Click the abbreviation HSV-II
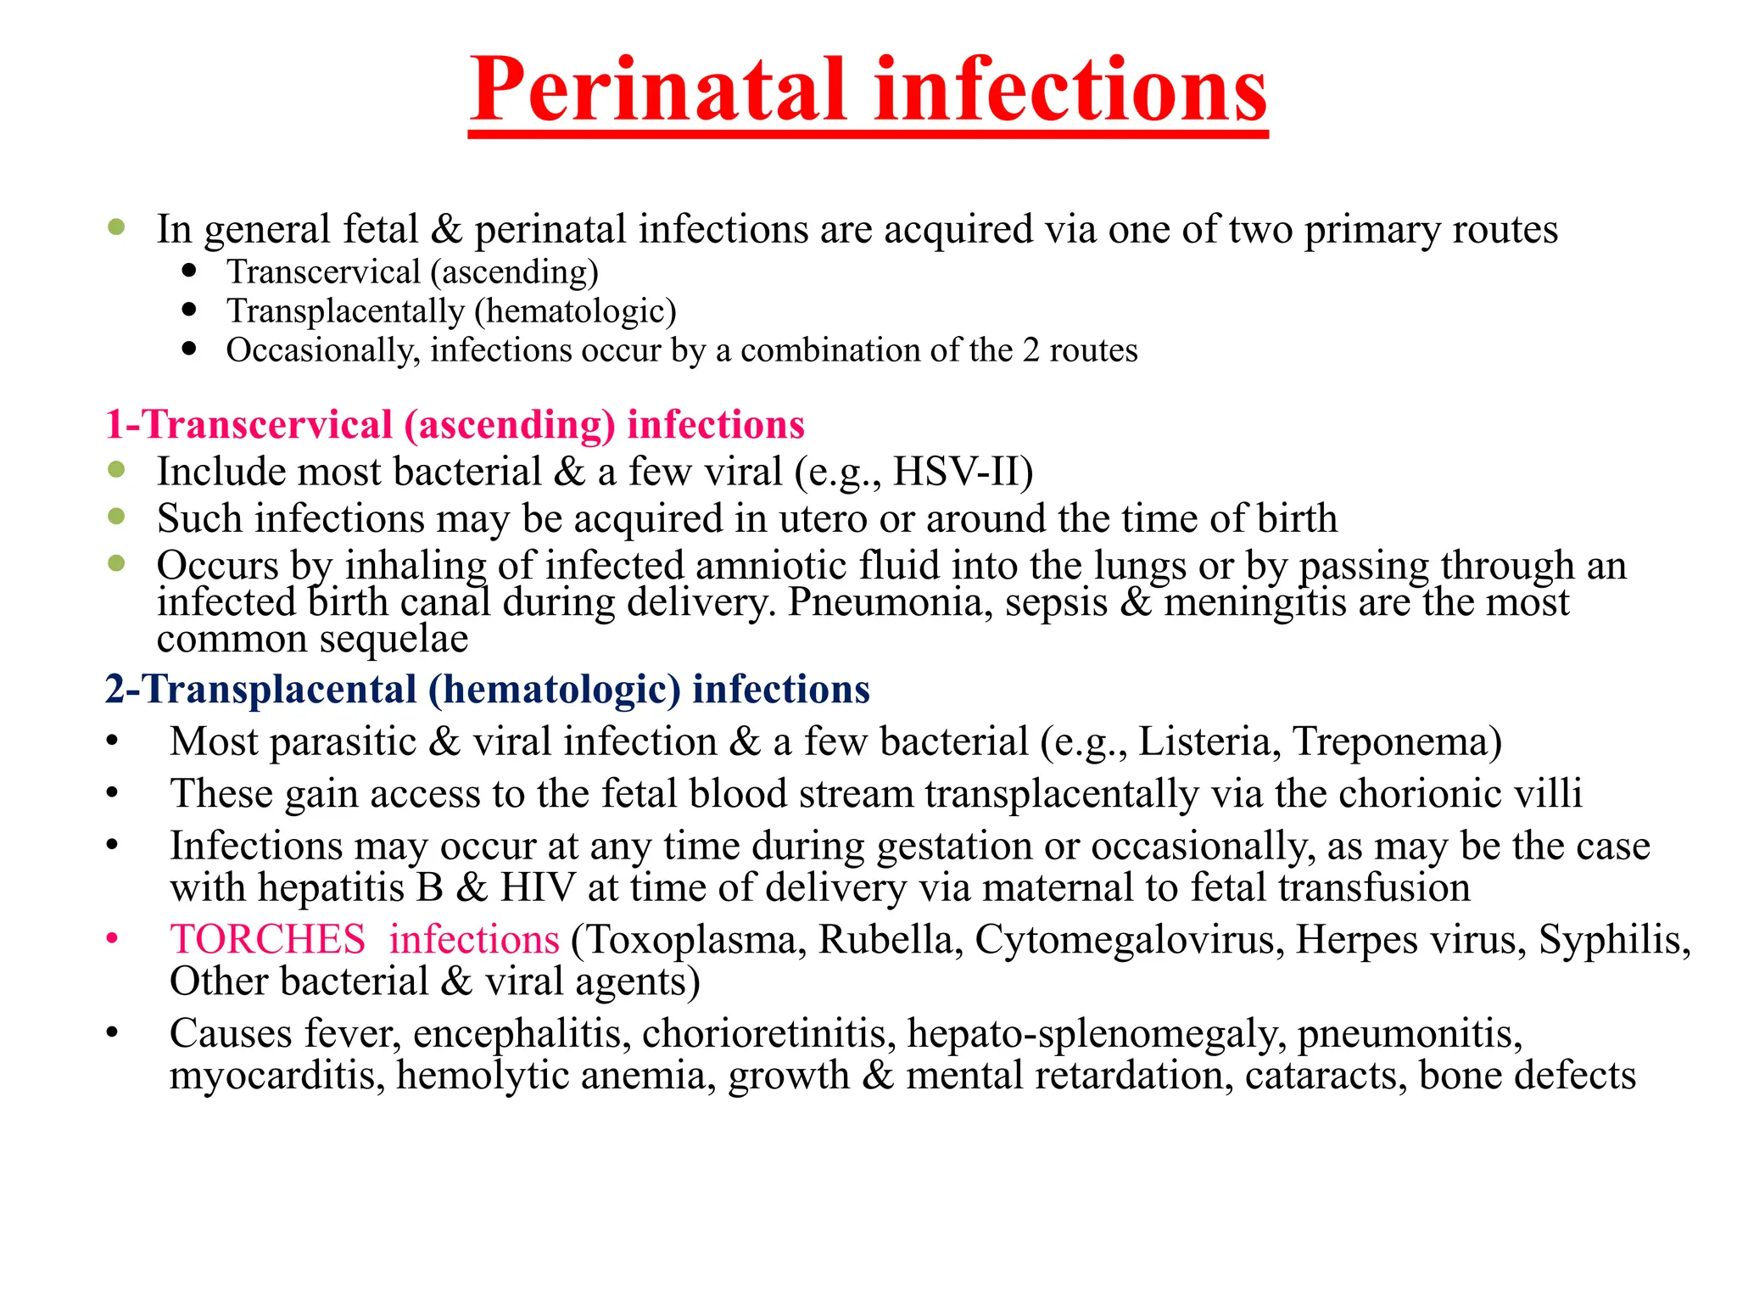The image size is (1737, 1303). point(963,472)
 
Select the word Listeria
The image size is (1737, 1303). point(1208,741)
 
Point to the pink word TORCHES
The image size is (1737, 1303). point(267,940)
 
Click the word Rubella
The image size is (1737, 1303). point(890,940)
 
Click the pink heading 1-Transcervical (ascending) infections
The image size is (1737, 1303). point(455,424)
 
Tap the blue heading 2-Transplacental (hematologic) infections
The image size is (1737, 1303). point(488,689)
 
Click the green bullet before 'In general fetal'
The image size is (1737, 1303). point(117,226)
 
